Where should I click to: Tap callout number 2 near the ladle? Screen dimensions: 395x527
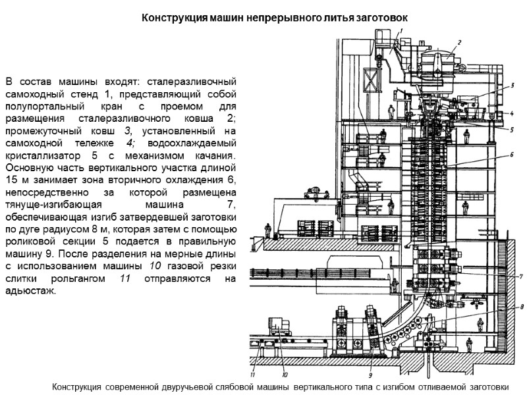tap(459, 42)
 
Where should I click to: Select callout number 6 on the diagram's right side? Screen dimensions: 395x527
tap(510, 155)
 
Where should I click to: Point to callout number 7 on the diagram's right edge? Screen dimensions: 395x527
tap(520, 276)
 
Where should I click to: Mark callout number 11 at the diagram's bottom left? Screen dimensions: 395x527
tap(253, 376)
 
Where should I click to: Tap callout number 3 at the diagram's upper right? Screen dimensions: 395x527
tap(511, 86)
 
